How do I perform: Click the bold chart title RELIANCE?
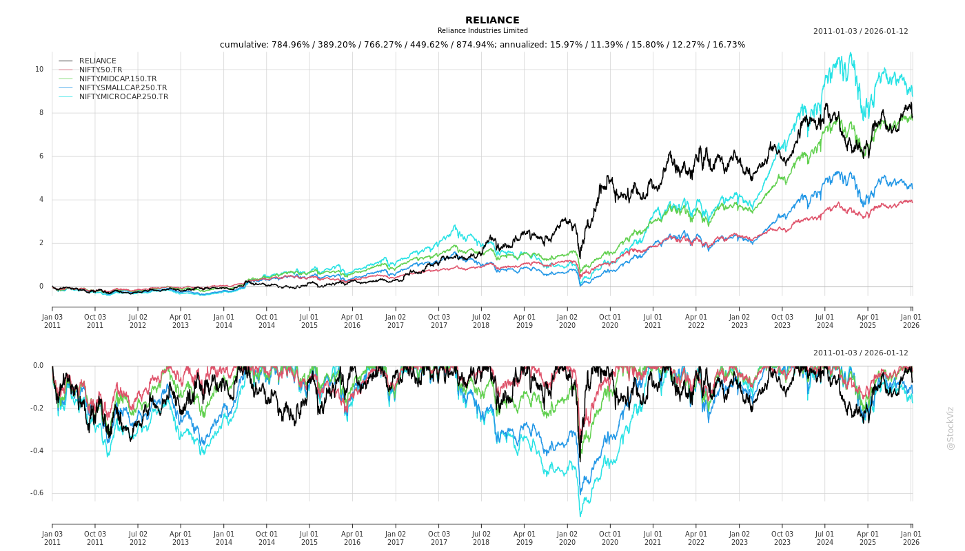coord(492,21)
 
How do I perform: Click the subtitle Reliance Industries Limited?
coord(482,31)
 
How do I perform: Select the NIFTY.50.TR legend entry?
coord(101,70)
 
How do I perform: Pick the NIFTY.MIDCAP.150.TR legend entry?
coord(118,79)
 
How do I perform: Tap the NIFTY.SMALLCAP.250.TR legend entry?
coord(123,87)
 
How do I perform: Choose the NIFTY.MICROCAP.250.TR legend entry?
coord(123,96)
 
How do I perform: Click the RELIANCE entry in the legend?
coord(98,61)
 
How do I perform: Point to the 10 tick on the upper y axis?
coord(39,70)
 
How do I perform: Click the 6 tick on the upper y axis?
coord(41,156)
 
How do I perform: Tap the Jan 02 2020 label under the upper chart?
coord(567,321)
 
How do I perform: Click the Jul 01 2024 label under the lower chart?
coord(825,538)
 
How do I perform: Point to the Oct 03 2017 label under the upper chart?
coord(438,321)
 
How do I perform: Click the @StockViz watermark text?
coord(951,428)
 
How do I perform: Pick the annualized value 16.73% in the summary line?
coord(728,45)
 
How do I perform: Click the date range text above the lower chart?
coord(860,353)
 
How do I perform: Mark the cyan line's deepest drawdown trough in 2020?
coord(580,516)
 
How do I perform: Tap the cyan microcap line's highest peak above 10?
coord(851,53)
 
